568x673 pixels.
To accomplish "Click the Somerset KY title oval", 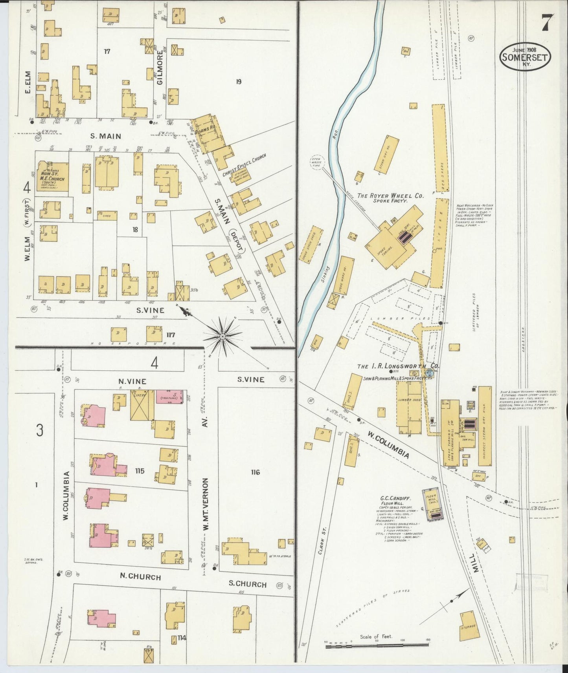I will [x=525, y=57].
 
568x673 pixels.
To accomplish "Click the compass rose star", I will [x=222, y=336].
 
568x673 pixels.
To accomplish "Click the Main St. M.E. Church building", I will [x=53, y=176].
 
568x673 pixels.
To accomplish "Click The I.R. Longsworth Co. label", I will [x=398, y=366].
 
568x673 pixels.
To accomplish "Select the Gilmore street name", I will [x=160, y=71].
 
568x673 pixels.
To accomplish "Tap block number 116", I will [x=255, y=472].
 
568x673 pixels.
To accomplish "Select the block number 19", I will [x=238, y=82].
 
